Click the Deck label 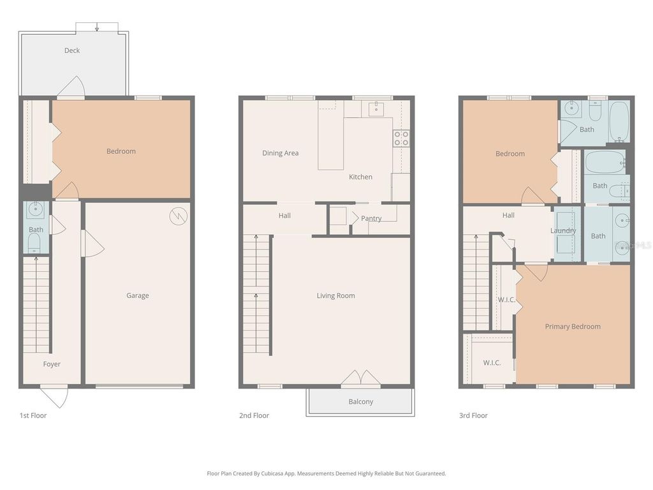tap(72, 50)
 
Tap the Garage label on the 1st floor tap(138, 295)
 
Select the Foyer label tap(52, 364)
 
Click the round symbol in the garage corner tap(178, 217)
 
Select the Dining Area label tap(281, 153)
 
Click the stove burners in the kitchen tap(401, 138)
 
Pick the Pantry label tap(371, 218)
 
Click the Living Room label tap(336, 295)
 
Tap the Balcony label tap(361, 402)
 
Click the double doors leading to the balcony tap(361, 378)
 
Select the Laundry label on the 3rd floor tap(564, 230)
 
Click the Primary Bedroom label tap(573, 327)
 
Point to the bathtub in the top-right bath tap(619, 121)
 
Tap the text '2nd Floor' tap(254, 415)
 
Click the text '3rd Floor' tap(473, 415)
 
